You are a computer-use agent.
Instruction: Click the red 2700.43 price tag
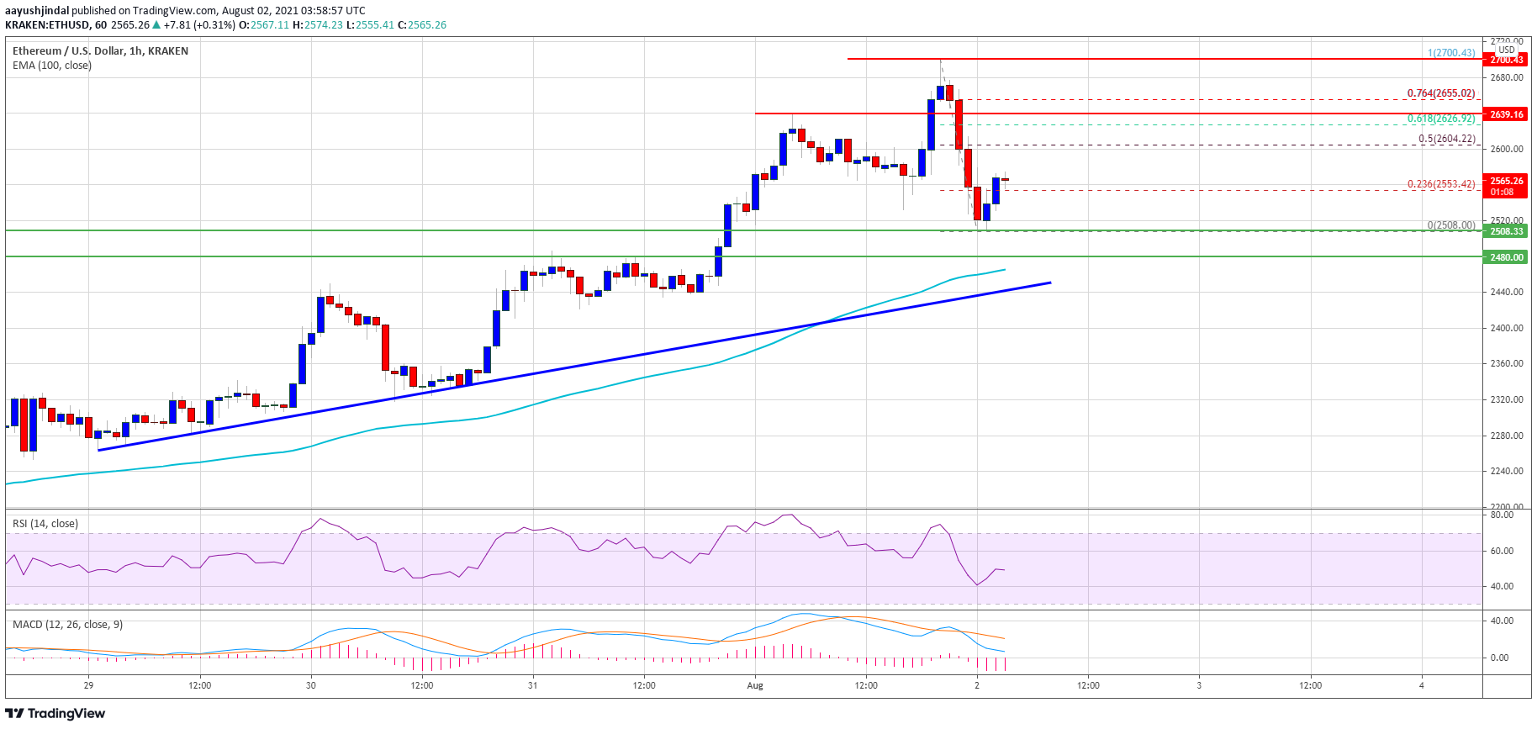(1506, 60)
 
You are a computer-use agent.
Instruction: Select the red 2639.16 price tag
(1506, 114)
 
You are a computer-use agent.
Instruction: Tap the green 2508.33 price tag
(1506, 231)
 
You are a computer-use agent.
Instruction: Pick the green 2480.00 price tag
(1506, 257)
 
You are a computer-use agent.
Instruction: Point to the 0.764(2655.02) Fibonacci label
(1440, 93)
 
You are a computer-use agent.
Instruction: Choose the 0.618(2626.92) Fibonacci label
(1440, 119)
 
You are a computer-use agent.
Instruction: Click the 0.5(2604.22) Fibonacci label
(1446, 139)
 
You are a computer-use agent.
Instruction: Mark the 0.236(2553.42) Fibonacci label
(1440, 184)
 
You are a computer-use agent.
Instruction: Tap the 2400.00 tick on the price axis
(1506, 328)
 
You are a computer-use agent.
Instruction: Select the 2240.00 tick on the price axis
(1506, 471)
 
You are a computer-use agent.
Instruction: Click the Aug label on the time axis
(755, 685)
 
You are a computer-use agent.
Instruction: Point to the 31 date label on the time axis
(533, 685)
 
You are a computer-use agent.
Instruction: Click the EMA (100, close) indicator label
(52, 66)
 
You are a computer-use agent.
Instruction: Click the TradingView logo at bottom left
(55, 713)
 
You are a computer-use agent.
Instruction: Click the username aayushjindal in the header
(37, 11)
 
